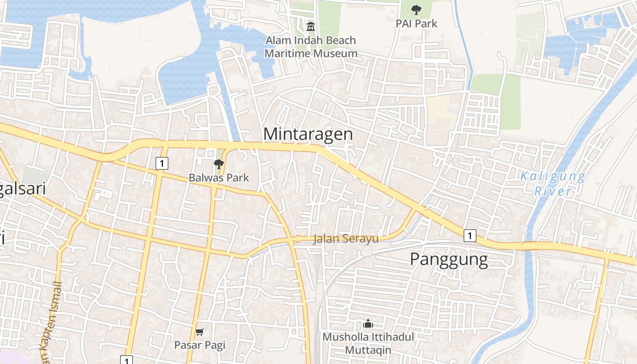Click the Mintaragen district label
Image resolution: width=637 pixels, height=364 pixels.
(308, 134)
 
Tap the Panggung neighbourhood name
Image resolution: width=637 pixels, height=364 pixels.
(449, 259)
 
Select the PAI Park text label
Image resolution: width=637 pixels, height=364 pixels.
(416, 24)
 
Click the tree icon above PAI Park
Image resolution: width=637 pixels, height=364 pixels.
(416, 10)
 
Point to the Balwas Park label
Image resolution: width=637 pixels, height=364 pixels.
(219, 177)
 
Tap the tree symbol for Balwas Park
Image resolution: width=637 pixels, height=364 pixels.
(219, 164)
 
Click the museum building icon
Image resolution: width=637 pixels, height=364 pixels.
(311, 26)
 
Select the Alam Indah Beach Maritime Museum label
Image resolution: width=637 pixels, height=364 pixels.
(311, 47)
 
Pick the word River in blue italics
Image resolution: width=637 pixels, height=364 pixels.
(553, 191)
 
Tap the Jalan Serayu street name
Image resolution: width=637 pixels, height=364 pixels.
(346, 238)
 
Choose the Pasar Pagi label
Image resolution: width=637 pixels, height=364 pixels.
(200, 345)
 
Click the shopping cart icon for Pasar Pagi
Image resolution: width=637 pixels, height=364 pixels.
(200, 332)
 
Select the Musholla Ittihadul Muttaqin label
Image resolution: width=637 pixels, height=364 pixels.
(368, 344)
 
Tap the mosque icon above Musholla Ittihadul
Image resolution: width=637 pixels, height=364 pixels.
(368, 324)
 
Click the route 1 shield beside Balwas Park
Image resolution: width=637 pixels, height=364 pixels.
(162, 163)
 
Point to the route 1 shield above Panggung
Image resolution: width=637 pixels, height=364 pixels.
(470, 236)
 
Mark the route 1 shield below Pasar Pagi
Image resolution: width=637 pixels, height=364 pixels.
(126, 360)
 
